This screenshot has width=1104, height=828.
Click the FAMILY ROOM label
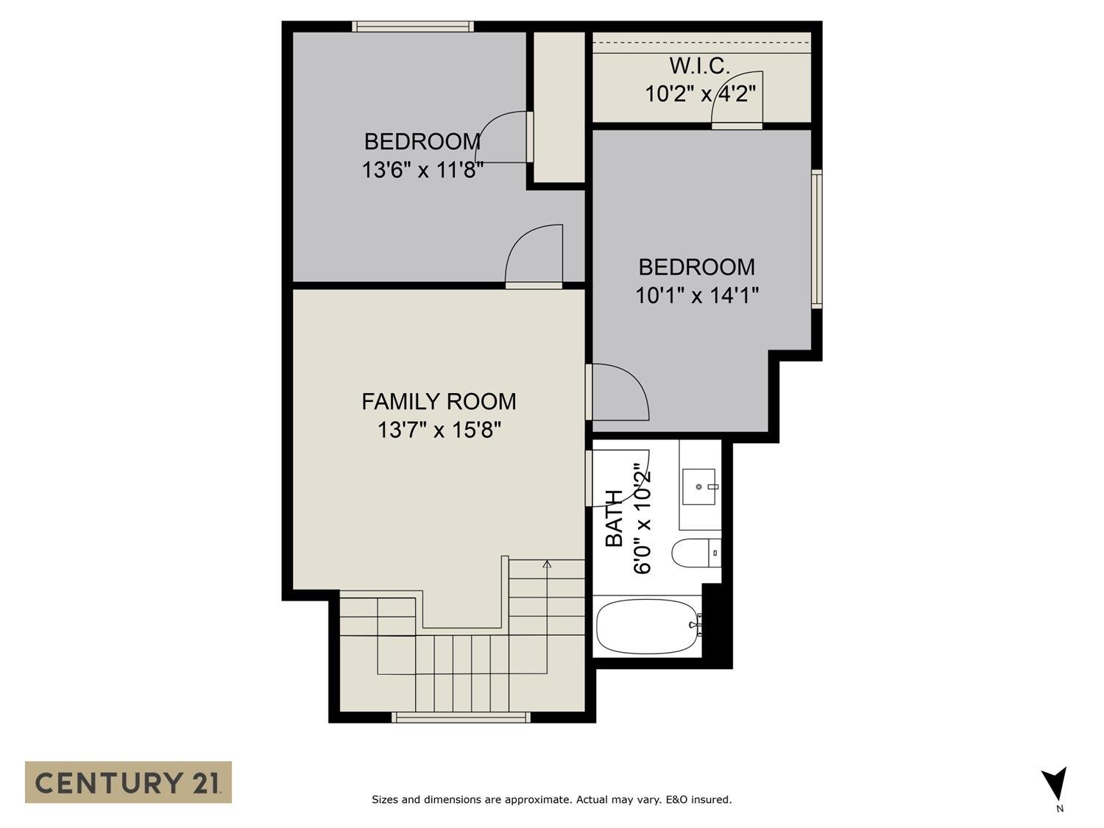[x=439, y=401]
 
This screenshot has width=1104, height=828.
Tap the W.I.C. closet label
[x=699, y=66]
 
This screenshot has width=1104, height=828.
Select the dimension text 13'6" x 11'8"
[x=422, y=170]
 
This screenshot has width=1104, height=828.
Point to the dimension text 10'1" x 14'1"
[x=696, y=295]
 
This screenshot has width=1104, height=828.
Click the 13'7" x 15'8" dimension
[x=439, y=429]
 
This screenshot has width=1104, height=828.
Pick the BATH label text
[x=614, y=519]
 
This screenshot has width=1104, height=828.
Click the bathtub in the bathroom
[x=647, y=626]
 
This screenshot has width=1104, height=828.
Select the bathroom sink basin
[x=698, y=486]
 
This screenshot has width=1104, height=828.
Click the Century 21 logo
[x=128, y=782]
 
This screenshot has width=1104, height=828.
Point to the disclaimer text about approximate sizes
[x=551, y=799]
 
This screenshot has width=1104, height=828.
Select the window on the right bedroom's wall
[x=816, y=238]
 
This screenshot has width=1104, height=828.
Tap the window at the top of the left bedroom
[x=412, y=26]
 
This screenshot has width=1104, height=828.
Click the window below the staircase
[x=461, y=717]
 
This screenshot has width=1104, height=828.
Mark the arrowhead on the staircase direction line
[x=547, y=565]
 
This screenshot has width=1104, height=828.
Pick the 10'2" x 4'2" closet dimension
[x=701, y=94]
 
